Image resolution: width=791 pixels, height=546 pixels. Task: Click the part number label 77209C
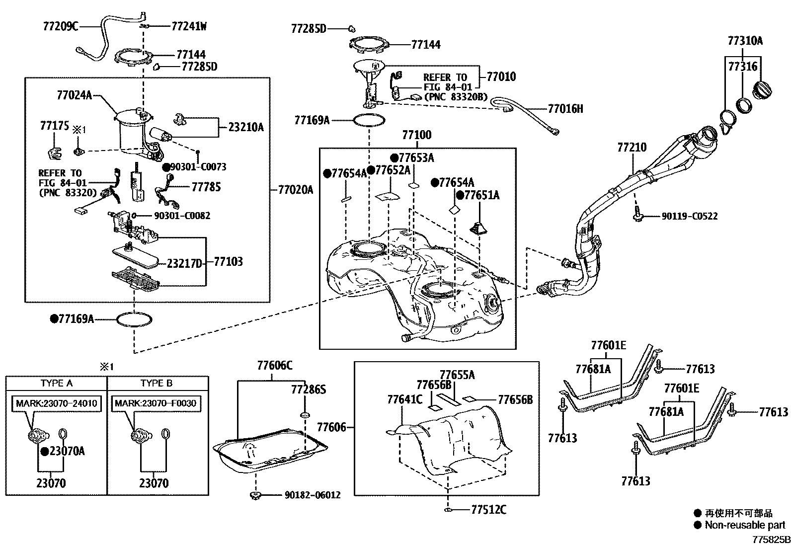[60, 26]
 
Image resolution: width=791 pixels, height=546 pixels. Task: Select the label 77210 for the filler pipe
[632, 148]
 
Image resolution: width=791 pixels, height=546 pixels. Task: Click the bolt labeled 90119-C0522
[637, 216]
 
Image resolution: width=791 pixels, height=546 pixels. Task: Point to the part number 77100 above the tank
[417, 135]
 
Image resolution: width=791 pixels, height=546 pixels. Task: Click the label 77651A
[481, 195]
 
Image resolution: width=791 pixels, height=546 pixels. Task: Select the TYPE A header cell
[56, 383]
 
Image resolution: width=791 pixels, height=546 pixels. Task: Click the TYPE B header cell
[157, 383]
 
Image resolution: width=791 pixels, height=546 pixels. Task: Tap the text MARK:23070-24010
[57, 403]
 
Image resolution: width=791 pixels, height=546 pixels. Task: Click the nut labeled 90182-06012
[256, 495]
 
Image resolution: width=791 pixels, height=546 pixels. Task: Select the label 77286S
[309, 389]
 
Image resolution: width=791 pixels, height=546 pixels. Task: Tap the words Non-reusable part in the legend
[745, 525]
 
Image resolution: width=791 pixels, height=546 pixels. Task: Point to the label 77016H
[565, 108]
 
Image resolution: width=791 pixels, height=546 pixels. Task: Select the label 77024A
[75, 95]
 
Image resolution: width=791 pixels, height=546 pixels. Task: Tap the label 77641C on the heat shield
[404, 399]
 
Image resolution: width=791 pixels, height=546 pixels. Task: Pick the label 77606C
[275, 366]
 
